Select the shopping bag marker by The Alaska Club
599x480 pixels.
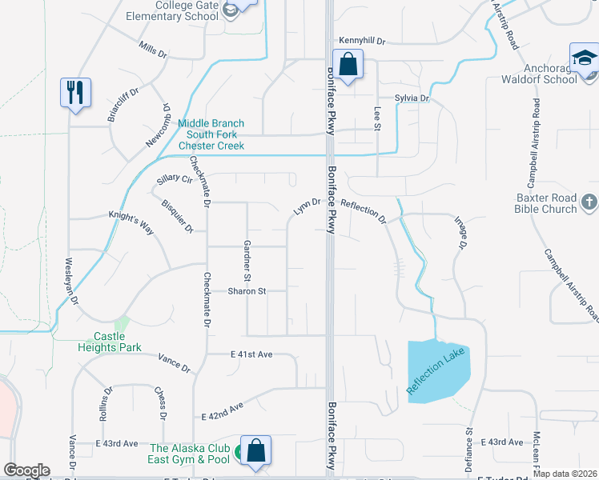coord(256,450)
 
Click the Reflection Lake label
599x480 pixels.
coord(436,370)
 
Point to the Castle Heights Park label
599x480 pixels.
coord(110,342)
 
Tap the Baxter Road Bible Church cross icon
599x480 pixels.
coord(589,202)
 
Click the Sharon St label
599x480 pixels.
coord(245,291)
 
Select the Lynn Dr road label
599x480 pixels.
coord(307,207)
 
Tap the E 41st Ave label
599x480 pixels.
coord(252,354)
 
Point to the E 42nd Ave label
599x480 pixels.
coord(223,411)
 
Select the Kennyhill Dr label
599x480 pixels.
coord(362,40)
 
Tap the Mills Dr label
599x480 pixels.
coord(152,50)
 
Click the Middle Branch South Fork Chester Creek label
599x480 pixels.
coord(211,134)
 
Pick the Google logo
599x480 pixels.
coord(26,470)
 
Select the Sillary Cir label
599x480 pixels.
coord(175,179)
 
